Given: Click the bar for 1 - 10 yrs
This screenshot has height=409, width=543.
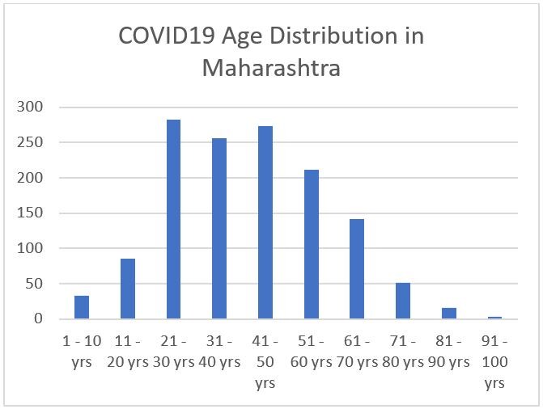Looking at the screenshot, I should click(82, 307).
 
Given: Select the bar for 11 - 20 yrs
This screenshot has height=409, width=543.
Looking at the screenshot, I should click(128, 289).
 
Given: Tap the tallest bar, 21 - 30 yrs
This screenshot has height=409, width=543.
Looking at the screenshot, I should click(173, 219).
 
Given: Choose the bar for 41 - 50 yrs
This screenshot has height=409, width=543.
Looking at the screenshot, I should click(265, 222).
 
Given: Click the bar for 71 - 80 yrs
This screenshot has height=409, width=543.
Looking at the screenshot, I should click(403, 301).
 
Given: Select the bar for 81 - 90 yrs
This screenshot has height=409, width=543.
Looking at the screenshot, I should click(448, 314).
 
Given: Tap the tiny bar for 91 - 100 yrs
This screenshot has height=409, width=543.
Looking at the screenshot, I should click(494, 318).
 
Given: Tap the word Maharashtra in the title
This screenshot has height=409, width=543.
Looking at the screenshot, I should click(271, 67).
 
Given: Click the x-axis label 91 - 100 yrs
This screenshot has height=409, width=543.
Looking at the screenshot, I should click(494, 362).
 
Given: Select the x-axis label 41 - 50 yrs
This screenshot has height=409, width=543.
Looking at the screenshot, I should click(265, 362).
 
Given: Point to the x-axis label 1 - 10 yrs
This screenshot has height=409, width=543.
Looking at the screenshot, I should click(82, 352).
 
